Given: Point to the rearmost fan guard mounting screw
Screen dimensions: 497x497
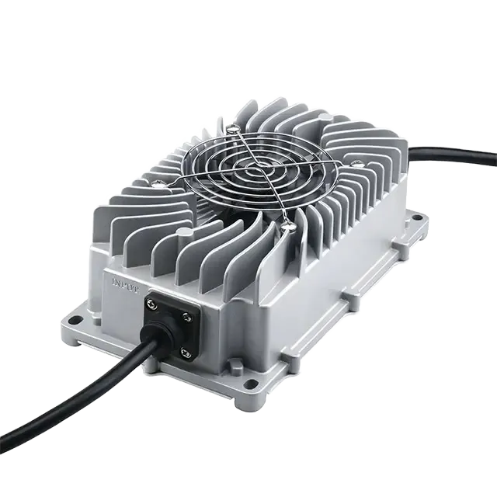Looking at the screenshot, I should click(x=233, y=124).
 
